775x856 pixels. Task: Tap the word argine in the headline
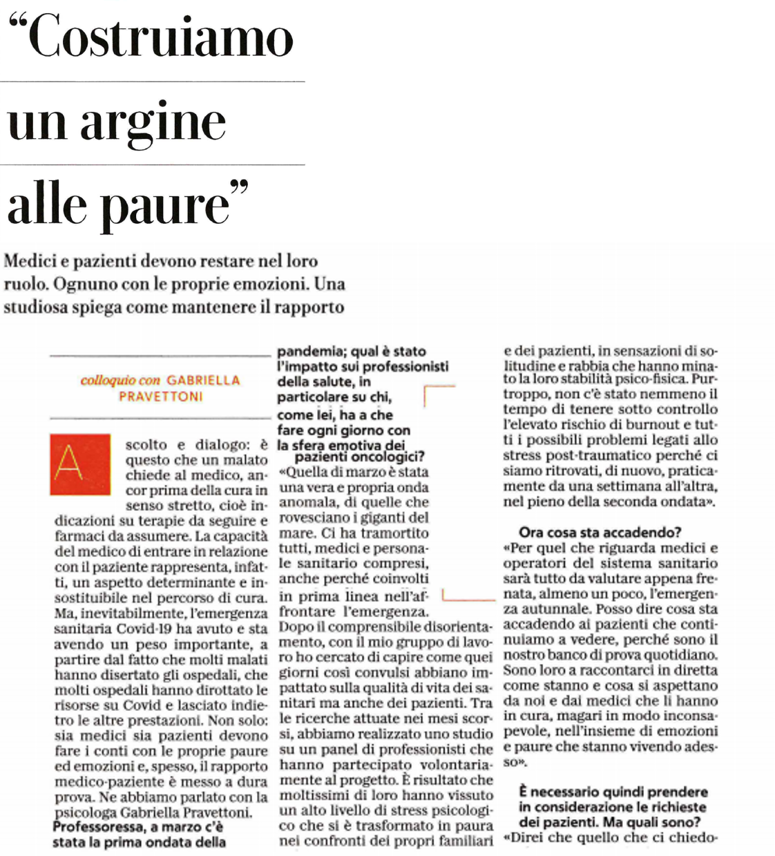point(153,122)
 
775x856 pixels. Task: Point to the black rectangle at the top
point(554,120)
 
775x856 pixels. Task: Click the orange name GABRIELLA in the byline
point(203,380)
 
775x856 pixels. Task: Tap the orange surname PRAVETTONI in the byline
point(160,397)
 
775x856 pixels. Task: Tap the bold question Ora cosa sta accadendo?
point(600,532)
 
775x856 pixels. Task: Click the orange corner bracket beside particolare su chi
point(438,394)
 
